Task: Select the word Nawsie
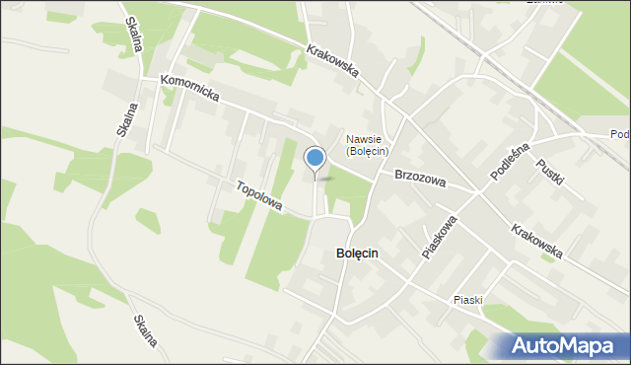pos(367,138)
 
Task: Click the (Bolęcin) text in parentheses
pos(368,151)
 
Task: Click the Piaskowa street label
pos(440,237)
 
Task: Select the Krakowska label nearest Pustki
pos(537,241)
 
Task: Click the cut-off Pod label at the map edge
pos(620,135)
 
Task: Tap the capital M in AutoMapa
pos(582,345)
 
